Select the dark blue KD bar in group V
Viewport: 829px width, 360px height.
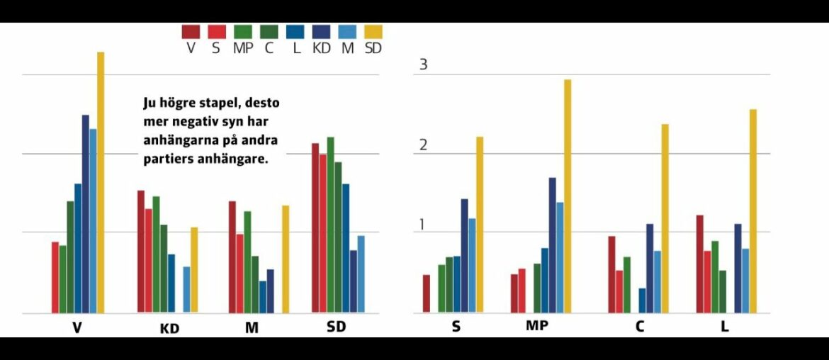pos(86,213)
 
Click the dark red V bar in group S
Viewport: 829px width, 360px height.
pos(427,293)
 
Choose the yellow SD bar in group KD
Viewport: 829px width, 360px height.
pos(194,269)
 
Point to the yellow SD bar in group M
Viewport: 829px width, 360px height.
pos(286,259)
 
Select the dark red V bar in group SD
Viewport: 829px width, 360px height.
pos(315,227)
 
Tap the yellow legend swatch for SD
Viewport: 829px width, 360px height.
pos(373,32)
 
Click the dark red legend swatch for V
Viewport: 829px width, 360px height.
pos(191,32)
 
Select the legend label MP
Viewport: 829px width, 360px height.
pos(242,48)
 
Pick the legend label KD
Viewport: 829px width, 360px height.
pos(321,48)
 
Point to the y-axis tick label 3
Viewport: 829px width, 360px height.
pos(424,64)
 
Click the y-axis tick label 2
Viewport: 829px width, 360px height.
pos(424,145)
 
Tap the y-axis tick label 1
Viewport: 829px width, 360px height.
pos(424,225)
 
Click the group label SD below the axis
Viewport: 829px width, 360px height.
pos(337,328)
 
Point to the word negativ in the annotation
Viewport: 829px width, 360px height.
pos(196,122)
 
